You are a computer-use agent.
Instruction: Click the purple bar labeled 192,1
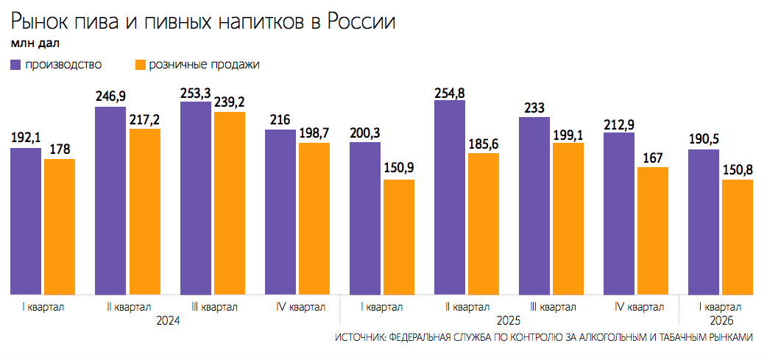pos(26,221)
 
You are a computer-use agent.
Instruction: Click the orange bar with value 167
pos(653,231)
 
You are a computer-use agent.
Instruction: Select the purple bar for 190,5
pos(704,222)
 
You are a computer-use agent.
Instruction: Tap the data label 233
pos(534,107)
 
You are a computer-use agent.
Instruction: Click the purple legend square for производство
pos(16,65)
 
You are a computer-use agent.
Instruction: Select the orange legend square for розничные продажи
pos(140,65)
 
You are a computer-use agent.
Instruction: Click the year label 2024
pos(169,321)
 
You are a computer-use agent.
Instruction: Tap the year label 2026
pos(720,321)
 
